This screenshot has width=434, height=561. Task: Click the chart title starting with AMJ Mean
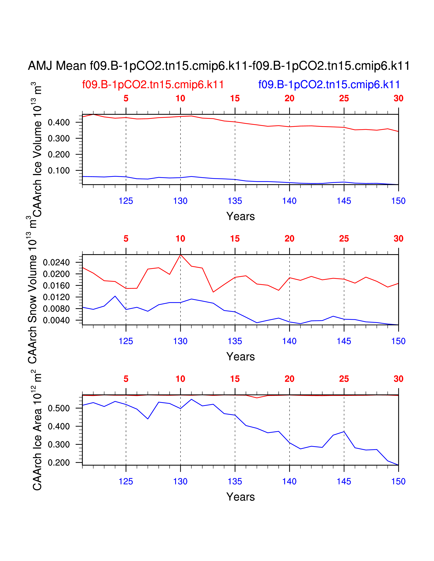coord(219,66)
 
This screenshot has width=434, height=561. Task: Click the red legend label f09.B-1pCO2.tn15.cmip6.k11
coord(153,84)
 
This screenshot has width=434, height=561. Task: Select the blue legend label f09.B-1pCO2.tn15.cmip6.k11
coord(329,84)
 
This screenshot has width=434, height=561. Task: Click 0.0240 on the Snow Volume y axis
coord(56,262)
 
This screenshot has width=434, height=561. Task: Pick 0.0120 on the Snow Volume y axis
coord(56,297)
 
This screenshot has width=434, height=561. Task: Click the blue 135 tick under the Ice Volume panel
coord(235,201)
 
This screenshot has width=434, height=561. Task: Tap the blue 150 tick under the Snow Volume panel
coord(398,341)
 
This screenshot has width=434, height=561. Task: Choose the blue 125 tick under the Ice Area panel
coord(126,481)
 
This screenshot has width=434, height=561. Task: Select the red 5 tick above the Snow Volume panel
coord(126,239)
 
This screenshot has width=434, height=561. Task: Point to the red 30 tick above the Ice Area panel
coord(398,379)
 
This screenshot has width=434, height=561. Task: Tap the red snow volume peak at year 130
coord(180,255)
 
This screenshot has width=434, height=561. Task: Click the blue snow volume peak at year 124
coord(115,296)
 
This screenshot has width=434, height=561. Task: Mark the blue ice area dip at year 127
coord(148,419)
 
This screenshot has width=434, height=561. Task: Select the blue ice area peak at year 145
coord(344,431)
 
